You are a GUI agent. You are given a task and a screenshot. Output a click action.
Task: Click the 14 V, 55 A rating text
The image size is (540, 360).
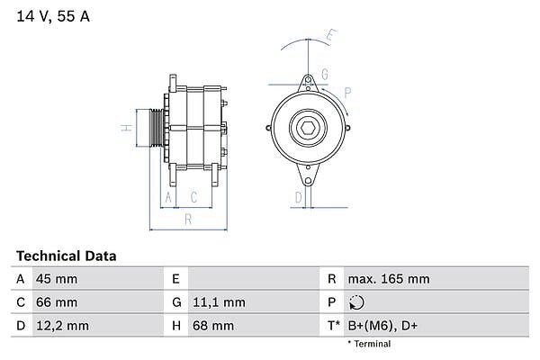pos(53,16)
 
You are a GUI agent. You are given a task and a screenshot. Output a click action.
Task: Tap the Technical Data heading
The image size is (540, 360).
pos(66,256)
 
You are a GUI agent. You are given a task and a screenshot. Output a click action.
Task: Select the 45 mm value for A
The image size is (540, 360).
pos(57,279)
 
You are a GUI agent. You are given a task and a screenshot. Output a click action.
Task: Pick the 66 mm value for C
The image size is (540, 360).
pos(57,302)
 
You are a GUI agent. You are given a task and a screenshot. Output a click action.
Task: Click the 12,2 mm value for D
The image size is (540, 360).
pos(62,326)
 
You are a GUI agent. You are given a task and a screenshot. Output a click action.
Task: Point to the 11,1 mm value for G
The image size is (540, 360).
pos(219,302)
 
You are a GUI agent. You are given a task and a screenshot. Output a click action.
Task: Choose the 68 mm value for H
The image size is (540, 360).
pos(213,326)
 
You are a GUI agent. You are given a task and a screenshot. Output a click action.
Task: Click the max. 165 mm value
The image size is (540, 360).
pos(389,279)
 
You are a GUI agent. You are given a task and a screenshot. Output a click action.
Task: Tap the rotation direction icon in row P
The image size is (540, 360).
pos(356,302)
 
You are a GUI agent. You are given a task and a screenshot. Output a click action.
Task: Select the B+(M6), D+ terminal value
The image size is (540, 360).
pos(382,326)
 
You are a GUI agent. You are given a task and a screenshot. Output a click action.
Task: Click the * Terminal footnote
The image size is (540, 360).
pos(369,344)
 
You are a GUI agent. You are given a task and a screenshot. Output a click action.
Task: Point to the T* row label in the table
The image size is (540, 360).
pos(333,325)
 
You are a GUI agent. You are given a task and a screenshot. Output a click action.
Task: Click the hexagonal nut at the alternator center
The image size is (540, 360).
pos(308,129)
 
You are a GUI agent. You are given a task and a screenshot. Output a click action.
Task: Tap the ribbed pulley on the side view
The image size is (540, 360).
pos(157,128)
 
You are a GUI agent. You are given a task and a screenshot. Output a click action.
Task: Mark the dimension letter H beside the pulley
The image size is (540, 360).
pos(127,128)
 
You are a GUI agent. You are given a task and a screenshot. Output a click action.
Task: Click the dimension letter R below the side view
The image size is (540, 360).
pos(188,219)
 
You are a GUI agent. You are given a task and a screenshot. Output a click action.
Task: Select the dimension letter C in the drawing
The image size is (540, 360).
pos(193,197)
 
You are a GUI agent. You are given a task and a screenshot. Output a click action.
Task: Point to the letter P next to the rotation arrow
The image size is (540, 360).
pos(347,93)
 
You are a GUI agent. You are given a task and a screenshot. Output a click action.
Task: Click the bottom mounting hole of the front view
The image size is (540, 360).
pos(308,181)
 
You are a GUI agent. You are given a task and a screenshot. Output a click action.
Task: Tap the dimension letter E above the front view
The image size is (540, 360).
pos(331,36)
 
